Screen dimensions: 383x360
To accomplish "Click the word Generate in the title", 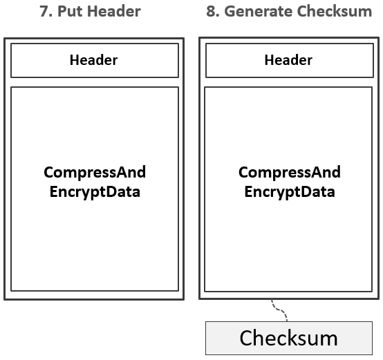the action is click(258, 12).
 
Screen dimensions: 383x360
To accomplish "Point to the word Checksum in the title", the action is click(335, 12).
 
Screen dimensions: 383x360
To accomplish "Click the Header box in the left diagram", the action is click(95, 60).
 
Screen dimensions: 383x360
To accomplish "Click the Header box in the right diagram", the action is click(290, 60).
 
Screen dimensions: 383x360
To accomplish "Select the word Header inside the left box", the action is click(93, 60).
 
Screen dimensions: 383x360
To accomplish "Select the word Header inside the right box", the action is click(288, 60).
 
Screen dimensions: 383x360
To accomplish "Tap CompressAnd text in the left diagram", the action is click(95, 173).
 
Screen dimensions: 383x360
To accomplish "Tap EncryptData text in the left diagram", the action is click(95, 192).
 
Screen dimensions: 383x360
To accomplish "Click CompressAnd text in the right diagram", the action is click(290, 173).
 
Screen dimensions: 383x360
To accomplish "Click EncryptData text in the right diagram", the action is click(290, 192).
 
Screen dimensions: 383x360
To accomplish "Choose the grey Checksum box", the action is click(289, 338).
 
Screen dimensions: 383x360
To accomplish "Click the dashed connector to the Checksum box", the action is click(279, 310).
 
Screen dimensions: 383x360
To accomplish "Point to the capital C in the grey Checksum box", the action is click(247, 338).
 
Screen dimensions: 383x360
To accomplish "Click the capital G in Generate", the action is click(230, 12).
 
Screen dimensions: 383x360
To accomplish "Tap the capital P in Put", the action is click(62, 12).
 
